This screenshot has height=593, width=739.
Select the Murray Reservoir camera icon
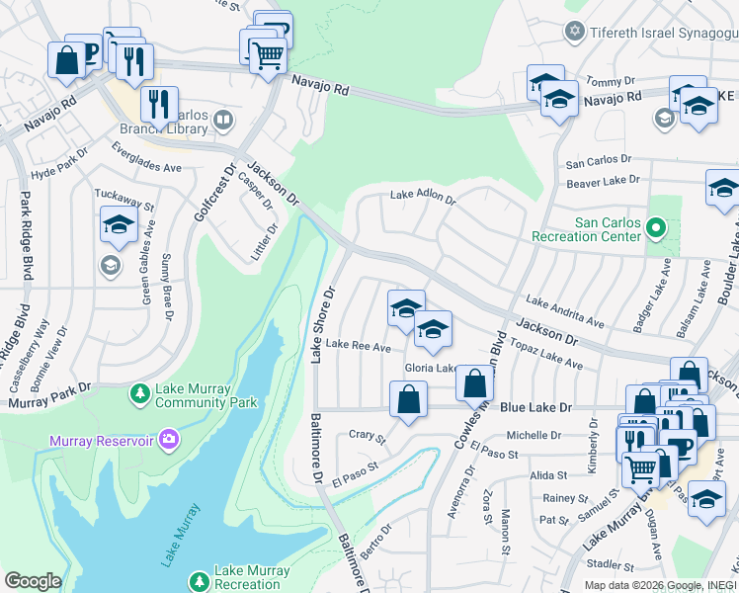[x=170, y=438]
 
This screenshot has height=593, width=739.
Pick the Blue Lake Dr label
[x=535, y=407]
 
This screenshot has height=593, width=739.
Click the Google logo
[x=33, y=580]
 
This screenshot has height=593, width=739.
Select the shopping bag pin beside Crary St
[x=408, y=401]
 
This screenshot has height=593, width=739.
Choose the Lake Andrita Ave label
[x=565, y=310]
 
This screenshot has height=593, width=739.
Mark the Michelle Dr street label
[x=534, y=435]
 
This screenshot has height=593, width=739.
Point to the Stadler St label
[x=608, y=565]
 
